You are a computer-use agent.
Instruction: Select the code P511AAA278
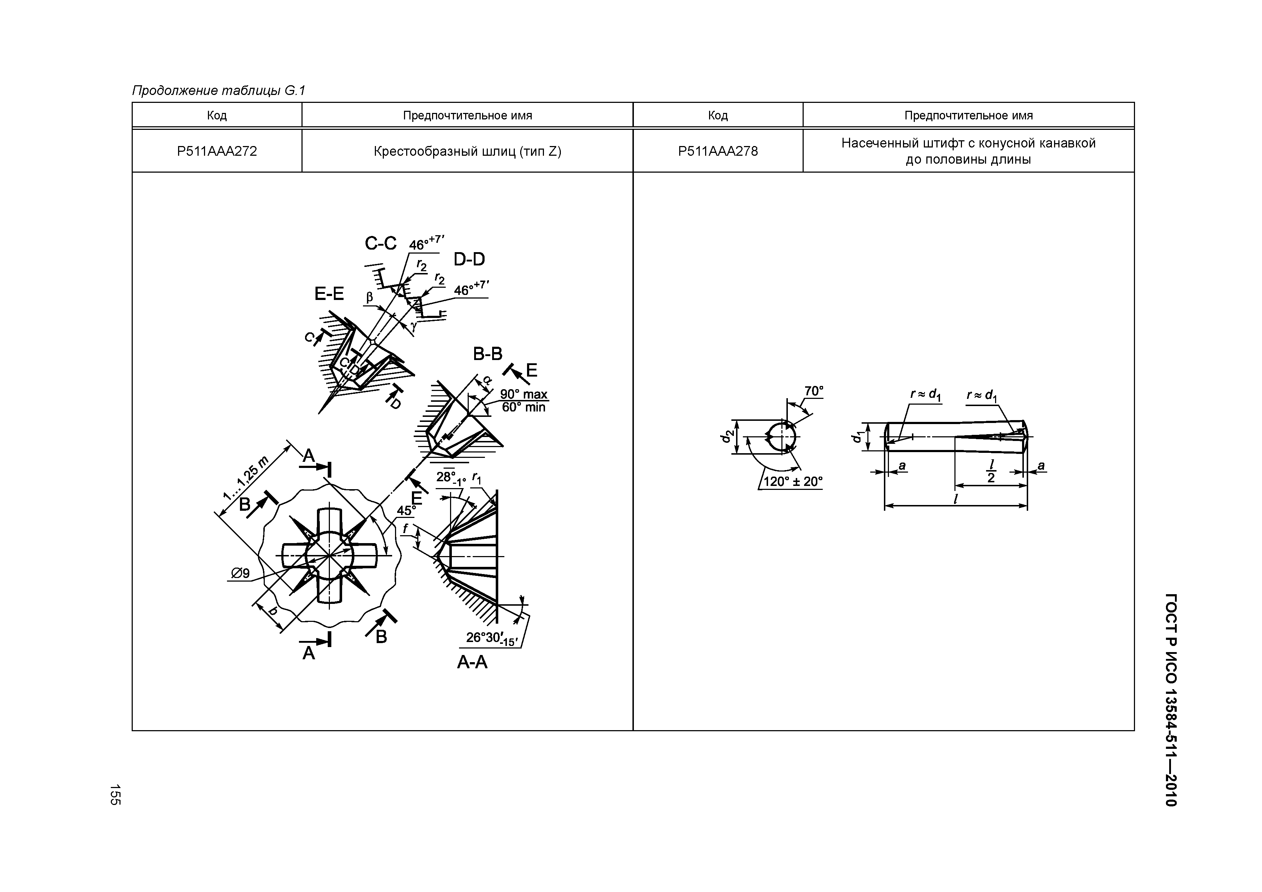click(x=718, y=151)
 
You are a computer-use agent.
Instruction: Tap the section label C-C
click(x=380, y=244)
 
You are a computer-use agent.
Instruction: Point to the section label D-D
click(x=469, y=259)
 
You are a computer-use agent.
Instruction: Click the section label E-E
click(x=329, y=294)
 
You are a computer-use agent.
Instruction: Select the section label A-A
click(x=472, y=662)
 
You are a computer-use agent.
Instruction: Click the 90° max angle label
click(x=524, y=394)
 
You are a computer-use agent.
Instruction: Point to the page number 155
click(x=115, y=795)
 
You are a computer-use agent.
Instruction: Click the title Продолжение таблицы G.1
click(x=218, y=91)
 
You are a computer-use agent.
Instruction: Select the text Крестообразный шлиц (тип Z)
click(x=467, y=151)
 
